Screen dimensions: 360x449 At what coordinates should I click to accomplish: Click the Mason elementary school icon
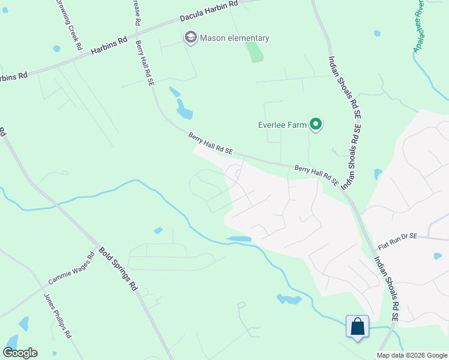coord(191,38)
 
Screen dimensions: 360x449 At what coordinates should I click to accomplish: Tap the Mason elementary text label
coord(234,38)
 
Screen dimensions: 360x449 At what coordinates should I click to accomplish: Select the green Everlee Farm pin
coord(316,125)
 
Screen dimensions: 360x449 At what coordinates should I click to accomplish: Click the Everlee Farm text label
coord(282,125)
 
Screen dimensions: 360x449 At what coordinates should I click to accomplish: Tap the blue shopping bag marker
coord(357,327)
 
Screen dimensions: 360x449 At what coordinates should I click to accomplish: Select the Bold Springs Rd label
coord(118,269)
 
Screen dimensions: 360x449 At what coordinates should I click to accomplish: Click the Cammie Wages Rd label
coord(71,268)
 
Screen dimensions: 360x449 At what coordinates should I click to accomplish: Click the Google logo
coord(20,353)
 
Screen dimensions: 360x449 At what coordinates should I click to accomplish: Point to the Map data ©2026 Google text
coord(412,355)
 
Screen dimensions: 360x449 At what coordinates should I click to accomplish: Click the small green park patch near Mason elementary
coord(256,52)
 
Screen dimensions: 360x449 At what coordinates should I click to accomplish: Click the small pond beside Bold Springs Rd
coord(158,230)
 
